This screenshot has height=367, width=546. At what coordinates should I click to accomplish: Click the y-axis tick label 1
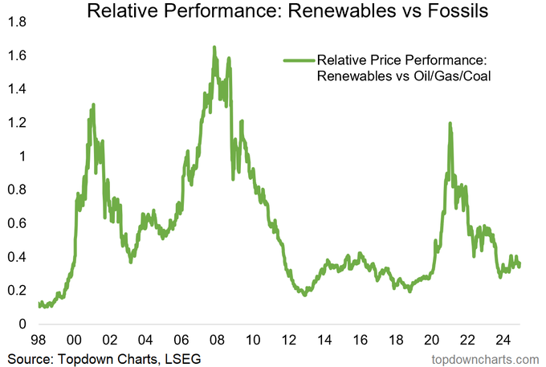[x=21, y=156]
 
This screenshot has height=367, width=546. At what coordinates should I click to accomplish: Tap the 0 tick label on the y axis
[x=21, y=324]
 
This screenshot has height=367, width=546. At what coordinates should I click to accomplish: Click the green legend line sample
[x=298, y=60]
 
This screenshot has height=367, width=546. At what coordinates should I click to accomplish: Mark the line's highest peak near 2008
[x=214, y=47]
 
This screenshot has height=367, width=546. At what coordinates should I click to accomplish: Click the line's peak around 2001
[x=93, y=104]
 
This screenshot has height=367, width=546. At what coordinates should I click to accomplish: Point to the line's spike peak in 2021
[x=450, y=123]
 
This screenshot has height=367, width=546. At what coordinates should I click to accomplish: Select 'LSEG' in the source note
[x=177, y=357]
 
